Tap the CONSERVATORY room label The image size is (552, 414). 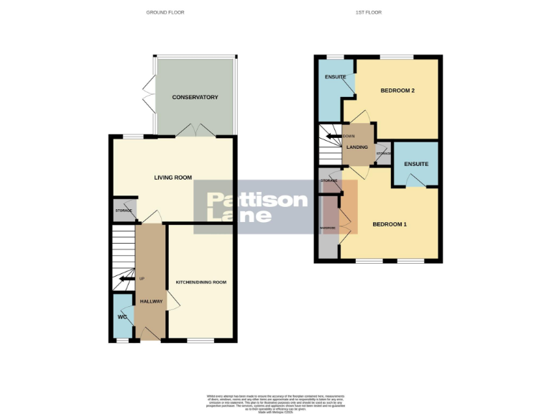point(195,97)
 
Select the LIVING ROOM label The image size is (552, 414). point(173,177)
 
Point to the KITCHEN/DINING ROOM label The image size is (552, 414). point(201,282)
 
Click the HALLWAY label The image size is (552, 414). point(152,301)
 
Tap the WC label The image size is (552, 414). point(121,316)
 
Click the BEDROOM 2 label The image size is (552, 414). point(398,91)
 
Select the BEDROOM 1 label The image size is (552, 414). point(390,224)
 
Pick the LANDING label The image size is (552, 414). point(357,147)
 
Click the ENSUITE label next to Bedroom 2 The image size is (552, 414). point(335,77)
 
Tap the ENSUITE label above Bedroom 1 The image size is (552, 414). point(416,164)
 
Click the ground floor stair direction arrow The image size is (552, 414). point(127,278)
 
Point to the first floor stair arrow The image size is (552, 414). point(334,136)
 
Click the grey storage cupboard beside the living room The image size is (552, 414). point(124,210)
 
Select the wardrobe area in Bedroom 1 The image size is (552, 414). point(328,228)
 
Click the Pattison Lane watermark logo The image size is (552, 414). point(257,207)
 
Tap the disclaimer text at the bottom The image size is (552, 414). point(276,400)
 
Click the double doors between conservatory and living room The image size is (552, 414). point(195,131)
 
